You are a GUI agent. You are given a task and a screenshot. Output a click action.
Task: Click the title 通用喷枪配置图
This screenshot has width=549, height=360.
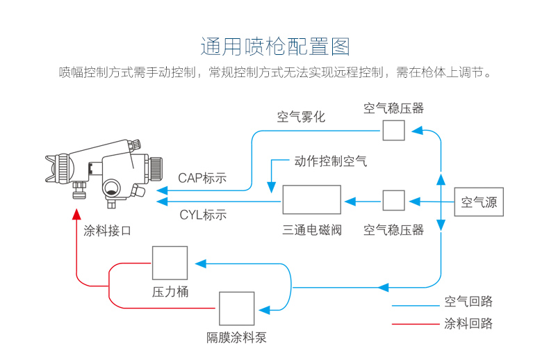[274, 47]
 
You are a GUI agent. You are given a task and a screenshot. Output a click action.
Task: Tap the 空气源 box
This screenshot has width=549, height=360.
[479, 202]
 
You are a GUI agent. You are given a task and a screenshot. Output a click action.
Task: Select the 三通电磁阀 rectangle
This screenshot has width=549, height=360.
[311, 199]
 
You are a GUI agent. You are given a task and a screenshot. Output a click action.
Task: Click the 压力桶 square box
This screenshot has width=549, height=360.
[170, 263]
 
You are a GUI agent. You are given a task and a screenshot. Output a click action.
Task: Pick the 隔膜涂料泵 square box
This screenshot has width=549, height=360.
[236, 309]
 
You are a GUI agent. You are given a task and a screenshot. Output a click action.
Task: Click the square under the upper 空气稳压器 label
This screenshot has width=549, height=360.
[393, 130]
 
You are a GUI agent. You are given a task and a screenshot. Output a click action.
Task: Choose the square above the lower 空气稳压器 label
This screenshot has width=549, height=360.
[393, 200]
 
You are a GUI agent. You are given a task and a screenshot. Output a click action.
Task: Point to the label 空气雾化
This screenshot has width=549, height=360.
[301, 117]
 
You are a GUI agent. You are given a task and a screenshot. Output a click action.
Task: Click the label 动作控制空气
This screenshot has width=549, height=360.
[330, 161]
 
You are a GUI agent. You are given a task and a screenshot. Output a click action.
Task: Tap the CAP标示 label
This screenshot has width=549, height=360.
[202, 178]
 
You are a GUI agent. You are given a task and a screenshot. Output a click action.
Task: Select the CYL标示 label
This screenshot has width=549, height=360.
[203, 214]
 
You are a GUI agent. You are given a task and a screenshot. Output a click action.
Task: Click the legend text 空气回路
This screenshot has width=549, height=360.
[468, 302]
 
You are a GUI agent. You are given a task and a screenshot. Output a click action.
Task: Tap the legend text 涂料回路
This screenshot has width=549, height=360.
[468, 324]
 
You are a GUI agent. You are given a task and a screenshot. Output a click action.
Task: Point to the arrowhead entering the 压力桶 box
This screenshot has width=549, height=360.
[200, 263]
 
